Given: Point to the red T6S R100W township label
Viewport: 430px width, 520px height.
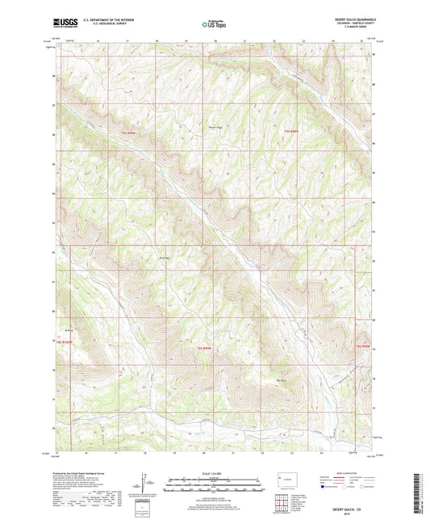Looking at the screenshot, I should click(67, 340).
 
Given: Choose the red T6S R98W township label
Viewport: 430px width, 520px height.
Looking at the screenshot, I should click(362, 346).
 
